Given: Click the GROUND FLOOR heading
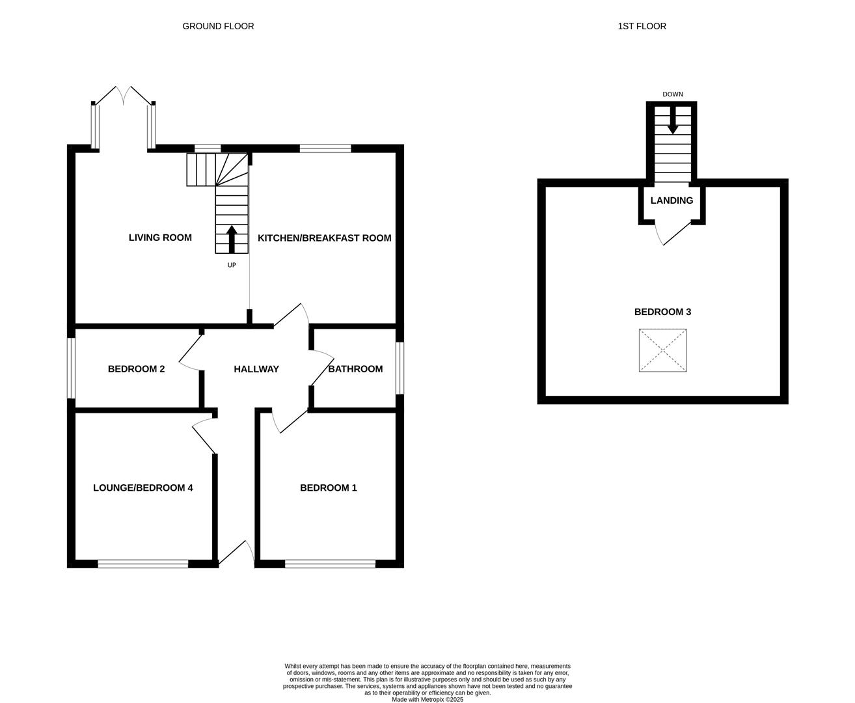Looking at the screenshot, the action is [x=218, y=27].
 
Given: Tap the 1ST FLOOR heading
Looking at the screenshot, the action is [x=642, y=27].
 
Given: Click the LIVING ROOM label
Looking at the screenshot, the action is [x=160, y=238].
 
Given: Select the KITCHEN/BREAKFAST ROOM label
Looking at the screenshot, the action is [x=324, y=238].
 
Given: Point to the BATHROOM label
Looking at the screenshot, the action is [x=355, y=369].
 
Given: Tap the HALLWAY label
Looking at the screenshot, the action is [x=256, y=369].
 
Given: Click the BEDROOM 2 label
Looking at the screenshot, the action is [x=136, y=369].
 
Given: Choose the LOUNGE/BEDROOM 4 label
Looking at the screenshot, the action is [x=142, y=488].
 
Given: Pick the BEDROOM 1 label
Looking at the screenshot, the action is [x=329, y=488].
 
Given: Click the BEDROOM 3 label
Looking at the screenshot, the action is [x=662, y=312].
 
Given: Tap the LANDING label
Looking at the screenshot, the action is [x=672, y=200].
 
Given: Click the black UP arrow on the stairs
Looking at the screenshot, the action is [x=232, y=240].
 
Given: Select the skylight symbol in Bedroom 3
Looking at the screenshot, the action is [x=663, y=350].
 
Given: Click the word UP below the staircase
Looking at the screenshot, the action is [x=232, y=266].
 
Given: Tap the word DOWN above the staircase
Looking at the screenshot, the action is [x=673, y=94].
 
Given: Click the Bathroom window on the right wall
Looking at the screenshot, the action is [x=400, y=368].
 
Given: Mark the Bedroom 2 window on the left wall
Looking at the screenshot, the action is [x=71, y=368].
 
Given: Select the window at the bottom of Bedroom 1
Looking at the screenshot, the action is [x=331, y=564].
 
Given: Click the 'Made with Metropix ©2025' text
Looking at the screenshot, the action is [x=428, y=700].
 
